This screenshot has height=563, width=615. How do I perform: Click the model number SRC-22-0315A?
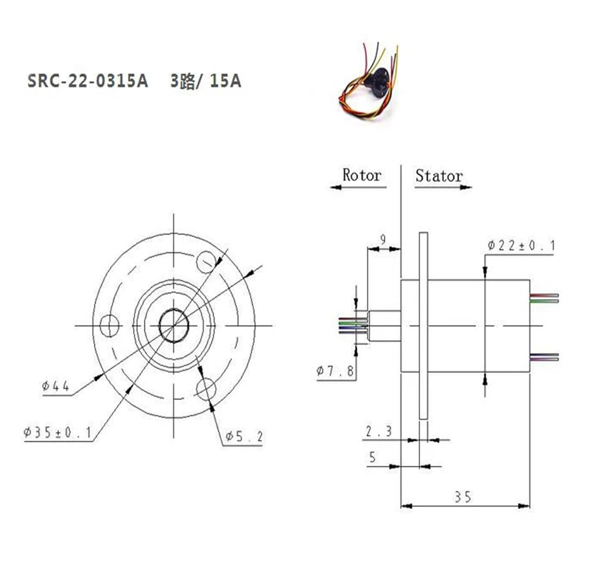tap(87, 81)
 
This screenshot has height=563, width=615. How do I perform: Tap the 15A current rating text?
tap(225, 81)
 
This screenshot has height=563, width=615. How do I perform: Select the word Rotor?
tap(361, 176)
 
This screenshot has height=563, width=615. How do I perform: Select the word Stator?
tap(439, 176)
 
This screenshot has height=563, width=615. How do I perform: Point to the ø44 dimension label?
tap(56, 386)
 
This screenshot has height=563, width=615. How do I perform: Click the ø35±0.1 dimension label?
tap(57, 433)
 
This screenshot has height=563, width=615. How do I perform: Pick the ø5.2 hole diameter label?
tap(244, 437)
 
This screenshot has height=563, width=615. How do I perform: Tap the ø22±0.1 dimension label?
tap(521, 246)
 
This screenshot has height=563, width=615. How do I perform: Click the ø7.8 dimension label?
tap(335, 371)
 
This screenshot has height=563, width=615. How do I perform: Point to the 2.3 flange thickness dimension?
tap(378, 431)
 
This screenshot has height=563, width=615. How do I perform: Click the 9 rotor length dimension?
tap(383, 239)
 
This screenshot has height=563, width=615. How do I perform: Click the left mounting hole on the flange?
tap(109, 326)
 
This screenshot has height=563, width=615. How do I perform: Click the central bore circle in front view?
tap(174, 326)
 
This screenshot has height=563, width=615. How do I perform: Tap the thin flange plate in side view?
tap(423, 326)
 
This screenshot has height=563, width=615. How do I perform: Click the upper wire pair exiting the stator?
tap(544, 298)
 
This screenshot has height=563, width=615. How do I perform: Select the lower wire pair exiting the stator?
tap(544, 357)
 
